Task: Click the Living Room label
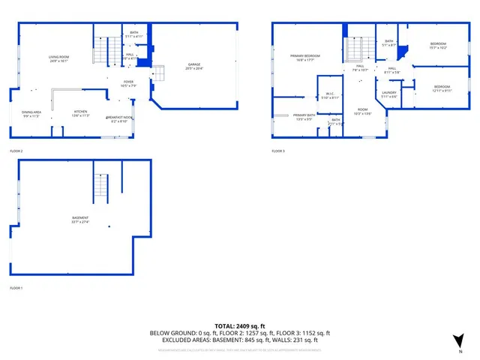click(x=58, y=58)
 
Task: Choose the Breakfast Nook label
click(x=119, y=118)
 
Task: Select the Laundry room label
click(x=388, y=94)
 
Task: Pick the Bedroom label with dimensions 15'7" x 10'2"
click(x=438, y=46)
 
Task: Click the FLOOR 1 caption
click(x=16, y=288)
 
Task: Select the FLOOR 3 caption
click(x=279, y=151)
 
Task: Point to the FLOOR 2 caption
click(x=16, y=151)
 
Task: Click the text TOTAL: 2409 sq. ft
click(x=240, y=325)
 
